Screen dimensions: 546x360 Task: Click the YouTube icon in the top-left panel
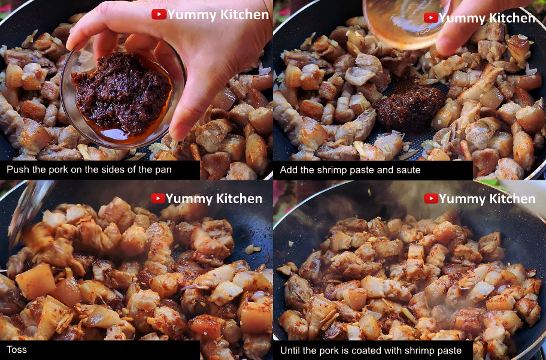159,14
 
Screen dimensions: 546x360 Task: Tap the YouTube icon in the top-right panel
430,18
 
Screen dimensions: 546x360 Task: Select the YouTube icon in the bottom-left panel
157,198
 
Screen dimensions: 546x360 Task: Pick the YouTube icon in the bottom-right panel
430,199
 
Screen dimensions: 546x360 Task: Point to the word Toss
16,350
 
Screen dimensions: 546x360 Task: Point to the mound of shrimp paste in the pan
409,107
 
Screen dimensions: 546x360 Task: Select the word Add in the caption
288,170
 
